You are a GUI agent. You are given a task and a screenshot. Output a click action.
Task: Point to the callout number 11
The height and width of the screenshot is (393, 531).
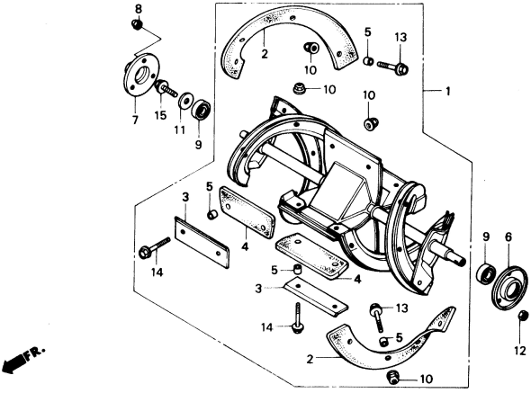tap(180, 130)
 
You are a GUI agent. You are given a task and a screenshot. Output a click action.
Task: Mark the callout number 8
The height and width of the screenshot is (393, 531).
tap(138, 8)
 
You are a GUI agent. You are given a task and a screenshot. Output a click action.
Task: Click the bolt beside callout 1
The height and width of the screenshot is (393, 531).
tap(392, 65)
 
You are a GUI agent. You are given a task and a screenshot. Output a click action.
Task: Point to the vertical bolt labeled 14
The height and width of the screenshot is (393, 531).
tap(296, 320)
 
